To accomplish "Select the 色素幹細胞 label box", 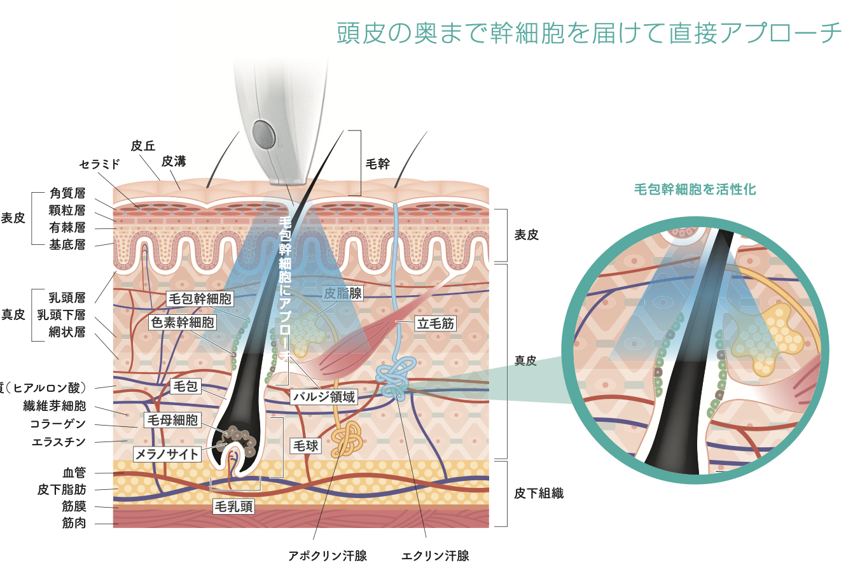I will [182, 322].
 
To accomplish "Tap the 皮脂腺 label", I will [343, 293].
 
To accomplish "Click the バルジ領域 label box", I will [324, 397].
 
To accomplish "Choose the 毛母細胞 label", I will [172, 420].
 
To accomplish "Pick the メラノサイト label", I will [167, 453].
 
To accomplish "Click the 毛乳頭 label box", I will [233, 506].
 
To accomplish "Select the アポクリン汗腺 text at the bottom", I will [328, 555].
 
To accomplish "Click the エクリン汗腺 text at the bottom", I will [436, 555].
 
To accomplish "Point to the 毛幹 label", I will [378, 163].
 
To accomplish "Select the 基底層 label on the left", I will [67, 245].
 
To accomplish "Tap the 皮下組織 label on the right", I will [539, 493].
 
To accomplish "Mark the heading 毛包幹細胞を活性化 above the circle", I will [695, 189].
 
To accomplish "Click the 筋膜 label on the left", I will [74, 506].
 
